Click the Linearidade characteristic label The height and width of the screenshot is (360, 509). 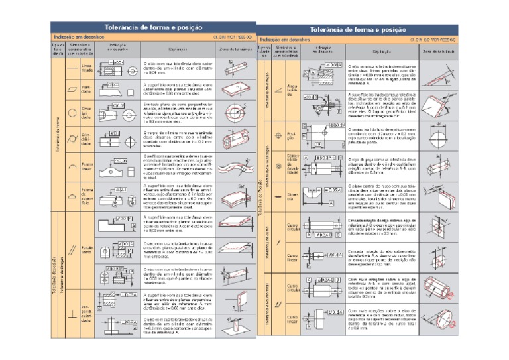pyautogui.click(x=87, y=68)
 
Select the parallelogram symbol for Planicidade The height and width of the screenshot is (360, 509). pyautogui.click(x=71, y=88)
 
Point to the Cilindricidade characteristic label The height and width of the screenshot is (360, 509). pyautogui.click(x=87, y=139)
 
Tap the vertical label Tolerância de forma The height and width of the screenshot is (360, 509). pyautogui.click(x=57, y=133)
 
